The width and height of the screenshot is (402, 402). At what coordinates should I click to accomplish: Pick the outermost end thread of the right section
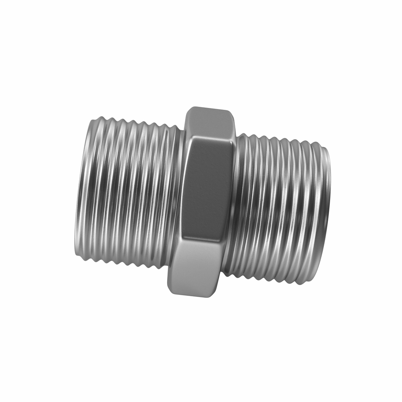325,216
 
